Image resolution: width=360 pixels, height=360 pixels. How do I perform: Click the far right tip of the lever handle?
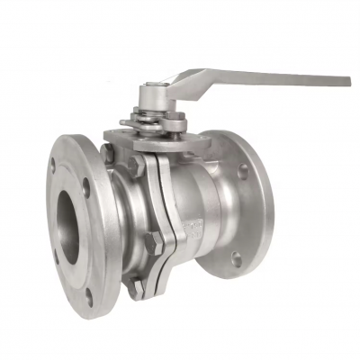coord(346,81)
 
